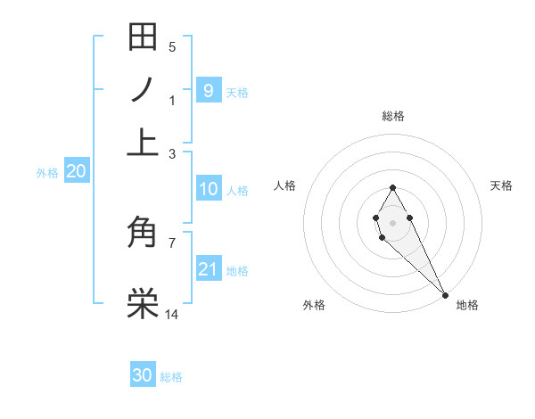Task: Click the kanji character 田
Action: click(x=143, y=37)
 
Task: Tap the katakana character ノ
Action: click(x=143, y=90)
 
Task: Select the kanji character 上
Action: click(x=143, y=141)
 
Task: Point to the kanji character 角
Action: click(x=143, y=234)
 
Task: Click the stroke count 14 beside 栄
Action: click(x=173, y=314)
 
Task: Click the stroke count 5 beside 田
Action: click(x=172, y=47)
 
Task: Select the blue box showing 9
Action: click(x=208, y=91)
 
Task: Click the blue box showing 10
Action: click(x=208, y=189)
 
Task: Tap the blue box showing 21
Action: click(x=208, y=269)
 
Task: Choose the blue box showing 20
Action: click(x=76, y=172)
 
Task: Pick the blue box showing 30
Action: click(x=143, y=375)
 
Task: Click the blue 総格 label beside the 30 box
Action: click(x=171, y=377)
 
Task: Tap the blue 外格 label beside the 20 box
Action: click(x=46, y=174)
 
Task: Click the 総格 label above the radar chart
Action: click(x=392, y=116)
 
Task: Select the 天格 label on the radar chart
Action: click(x=501, y=185)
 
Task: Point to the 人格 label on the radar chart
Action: click(x=284, y=185)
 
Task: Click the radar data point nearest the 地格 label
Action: click(x=446, y=295)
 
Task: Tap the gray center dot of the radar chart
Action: click(x=392, y=221)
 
